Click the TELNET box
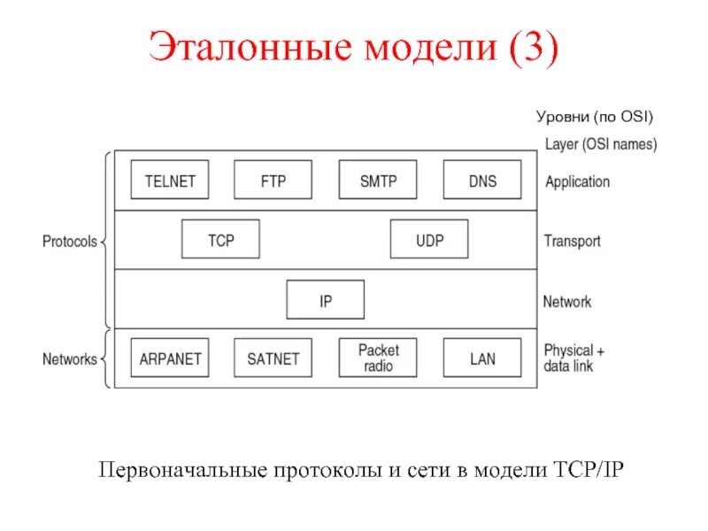click(169, 180)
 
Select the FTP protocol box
click(273, 180)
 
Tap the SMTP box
click(378, 180)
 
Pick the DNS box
click(481, 180)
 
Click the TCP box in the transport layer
click(220, 239)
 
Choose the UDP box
click(429, 239)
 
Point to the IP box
click(325, 299)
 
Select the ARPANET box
click(169, 358)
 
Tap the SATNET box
click(273, 358)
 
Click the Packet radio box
click(378, 358)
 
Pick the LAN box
click(481, 358)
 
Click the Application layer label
click(577, 181)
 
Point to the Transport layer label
click(572, 241)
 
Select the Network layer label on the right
click(567, 301)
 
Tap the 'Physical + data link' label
click(574, 358)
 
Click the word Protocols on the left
click(70, 241)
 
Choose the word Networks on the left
click(70, 359)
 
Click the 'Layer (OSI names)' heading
click(600, 143)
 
